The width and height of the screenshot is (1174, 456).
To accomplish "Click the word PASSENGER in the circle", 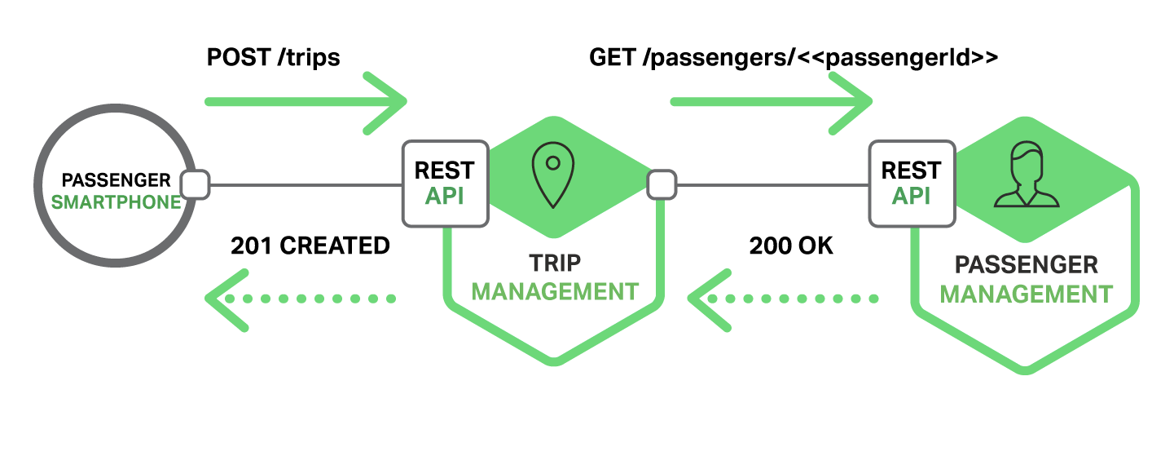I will point(117,180).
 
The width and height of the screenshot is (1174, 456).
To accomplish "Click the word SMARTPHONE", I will point(116,202).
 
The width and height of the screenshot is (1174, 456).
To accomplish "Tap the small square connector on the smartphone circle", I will point(195,185).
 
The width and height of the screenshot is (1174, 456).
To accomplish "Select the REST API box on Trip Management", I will point(445,184).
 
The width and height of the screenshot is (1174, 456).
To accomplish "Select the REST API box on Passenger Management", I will point(911,184).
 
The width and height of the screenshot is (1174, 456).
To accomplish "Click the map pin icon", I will point(552,173).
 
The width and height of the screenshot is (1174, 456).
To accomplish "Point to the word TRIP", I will point(555,263).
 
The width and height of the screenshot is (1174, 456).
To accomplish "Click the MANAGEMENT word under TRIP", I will point(555,291).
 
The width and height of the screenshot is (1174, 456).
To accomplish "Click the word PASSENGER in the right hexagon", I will point(1026,265).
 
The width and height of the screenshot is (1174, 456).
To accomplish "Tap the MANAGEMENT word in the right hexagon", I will point(1026,294).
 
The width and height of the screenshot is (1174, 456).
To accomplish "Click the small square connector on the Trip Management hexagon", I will point(661,185).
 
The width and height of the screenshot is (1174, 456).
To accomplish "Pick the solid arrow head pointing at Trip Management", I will point(389,102).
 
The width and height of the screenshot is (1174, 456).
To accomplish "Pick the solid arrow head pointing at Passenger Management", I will point(855,102).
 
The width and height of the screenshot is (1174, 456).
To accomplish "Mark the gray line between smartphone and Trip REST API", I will point(306,185).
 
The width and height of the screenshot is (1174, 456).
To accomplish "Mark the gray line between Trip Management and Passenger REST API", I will point(772,185).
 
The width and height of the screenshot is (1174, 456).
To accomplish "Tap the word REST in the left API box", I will point(445,170).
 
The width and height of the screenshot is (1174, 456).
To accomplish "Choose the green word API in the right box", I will point(911,197).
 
